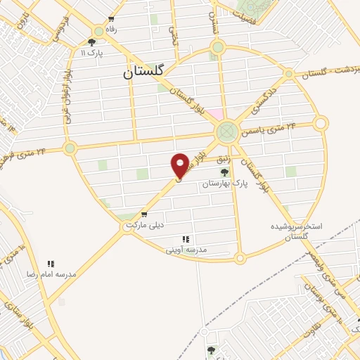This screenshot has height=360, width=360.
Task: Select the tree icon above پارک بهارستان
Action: [x=224, y=172]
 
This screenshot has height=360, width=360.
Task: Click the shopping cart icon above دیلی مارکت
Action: [x=144, y=214]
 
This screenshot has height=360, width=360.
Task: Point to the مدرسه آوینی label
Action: [x=186, y=250]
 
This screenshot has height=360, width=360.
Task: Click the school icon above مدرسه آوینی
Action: [x=186, y=239]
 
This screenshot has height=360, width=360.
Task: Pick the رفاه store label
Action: [x=110, y=30]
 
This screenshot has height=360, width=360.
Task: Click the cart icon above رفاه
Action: [x=110, y=20]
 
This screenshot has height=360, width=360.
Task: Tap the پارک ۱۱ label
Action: [x=92, y=53]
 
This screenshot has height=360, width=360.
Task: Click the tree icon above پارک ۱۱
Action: [x=92, y=42]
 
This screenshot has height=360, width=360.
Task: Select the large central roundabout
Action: [x=226, y=131]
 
